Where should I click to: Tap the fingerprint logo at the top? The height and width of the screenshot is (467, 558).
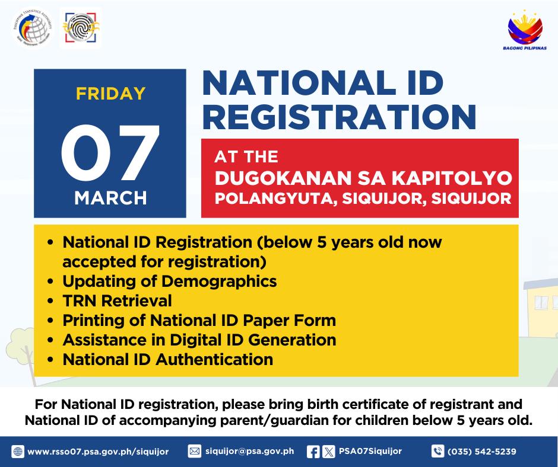point(81,28)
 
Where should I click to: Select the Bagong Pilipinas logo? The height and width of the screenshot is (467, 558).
point(525,30)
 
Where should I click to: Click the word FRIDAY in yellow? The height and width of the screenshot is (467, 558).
point(110,94)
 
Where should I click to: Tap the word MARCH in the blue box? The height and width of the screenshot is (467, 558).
point(110,197)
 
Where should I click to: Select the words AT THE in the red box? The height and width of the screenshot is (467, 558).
point(246,156)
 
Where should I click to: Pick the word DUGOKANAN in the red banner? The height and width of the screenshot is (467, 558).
point(283,178)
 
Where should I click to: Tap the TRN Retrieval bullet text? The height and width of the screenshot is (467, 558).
point(117,300)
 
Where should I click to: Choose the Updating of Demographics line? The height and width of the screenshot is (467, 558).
point(170,282)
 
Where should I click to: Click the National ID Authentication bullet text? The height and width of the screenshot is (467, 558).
point(168,359)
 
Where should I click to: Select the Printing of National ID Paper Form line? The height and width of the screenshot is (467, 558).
point(199,320)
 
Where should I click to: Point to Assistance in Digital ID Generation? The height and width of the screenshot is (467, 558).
point(199,340)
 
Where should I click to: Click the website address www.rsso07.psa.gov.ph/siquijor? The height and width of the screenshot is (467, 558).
point(98,452)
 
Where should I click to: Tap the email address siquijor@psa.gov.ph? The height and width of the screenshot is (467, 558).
point(250,452)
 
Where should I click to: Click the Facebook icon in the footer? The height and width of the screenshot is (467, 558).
point(313,452)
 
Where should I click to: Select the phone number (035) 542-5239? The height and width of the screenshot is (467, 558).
point(482,452)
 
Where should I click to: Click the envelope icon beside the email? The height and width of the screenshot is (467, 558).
point(194,452)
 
